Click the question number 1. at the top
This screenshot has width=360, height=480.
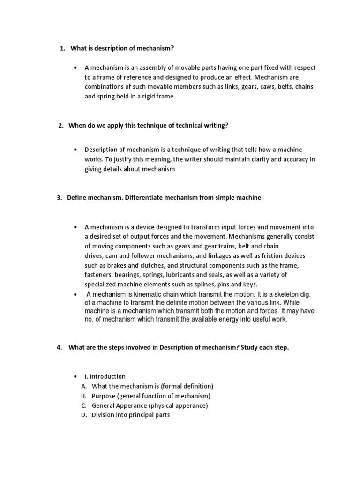pyautogui.click(x=63, y=49)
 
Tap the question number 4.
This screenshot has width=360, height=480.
pyautogui.click(x=59, y=347)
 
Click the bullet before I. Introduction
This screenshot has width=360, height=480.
pyautogui.click(x=75, y=376)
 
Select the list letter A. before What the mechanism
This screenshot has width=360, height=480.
pyautogui.click(x=84, y=386)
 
